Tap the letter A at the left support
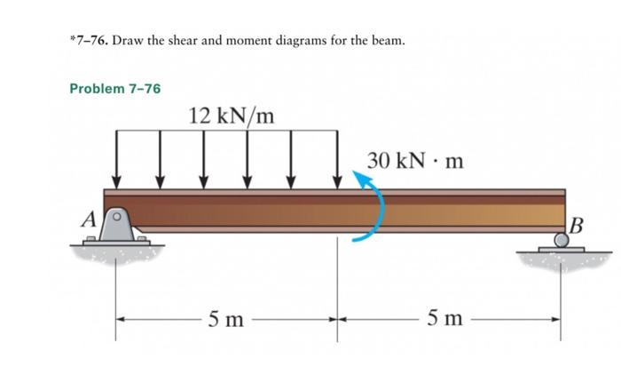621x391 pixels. point(89,219)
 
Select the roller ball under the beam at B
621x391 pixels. point(562,239)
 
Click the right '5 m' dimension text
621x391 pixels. point(448,319)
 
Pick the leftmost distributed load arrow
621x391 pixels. point(117,158)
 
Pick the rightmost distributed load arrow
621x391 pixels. point(337,158)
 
